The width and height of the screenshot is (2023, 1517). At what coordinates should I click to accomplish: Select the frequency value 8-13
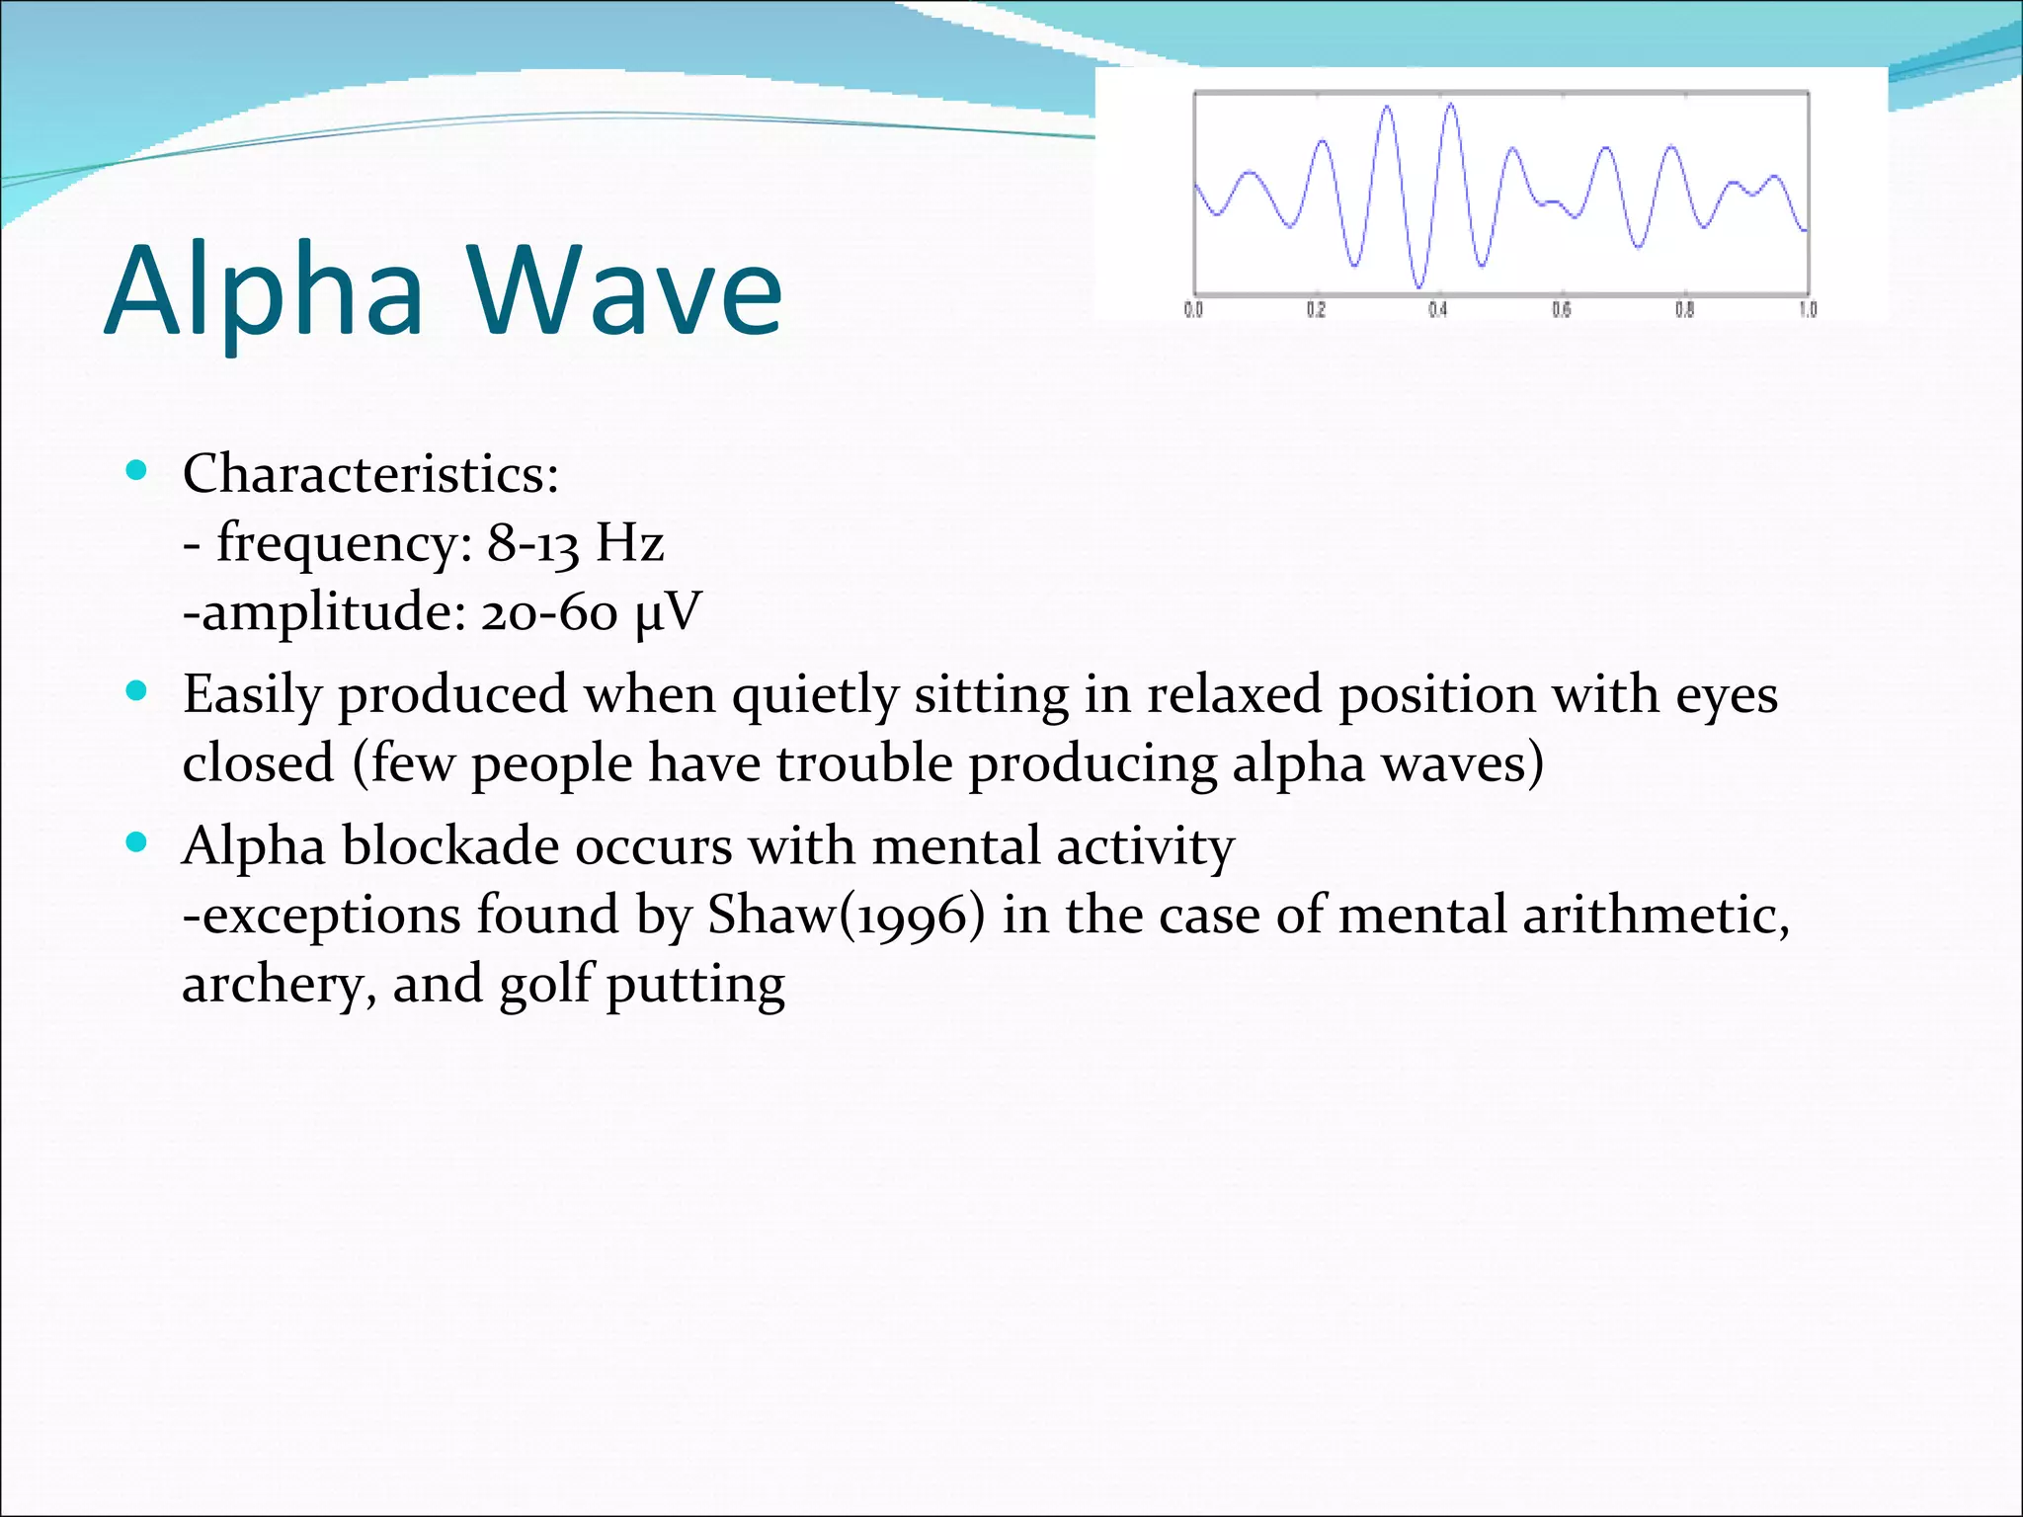click(532, 543)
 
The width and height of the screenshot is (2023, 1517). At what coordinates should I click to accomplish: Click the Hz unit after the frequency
click(630, 543)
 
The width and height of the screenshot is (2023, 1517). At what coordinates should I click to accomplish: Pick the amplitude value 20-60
click(549, 612)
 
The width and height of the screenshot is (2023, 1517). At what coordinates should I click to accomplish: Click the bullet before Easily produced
click(137, 690)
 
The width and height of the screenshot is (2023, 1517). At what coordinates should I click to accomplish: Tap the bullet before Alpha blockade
click(137, 842)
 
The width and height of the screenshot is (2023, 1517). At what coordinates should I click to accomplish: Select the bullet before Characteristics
click(137, 470)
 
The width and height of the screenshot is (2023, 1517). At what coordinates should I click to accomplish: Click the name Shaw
click(771, 916)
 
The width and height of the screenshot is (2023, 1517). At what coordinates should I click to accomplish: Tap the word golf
click(544, 986)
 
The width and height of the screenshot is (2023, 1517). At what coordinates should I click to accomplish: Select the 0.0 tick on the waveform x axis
click(1193, 310)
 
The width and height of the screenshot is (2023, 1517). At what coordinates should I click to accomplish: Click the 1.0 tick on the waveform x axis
click(1808, 310)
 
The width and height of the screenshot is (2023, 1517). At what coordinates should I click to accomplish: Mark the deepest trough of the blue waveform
click(1419, 286)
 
